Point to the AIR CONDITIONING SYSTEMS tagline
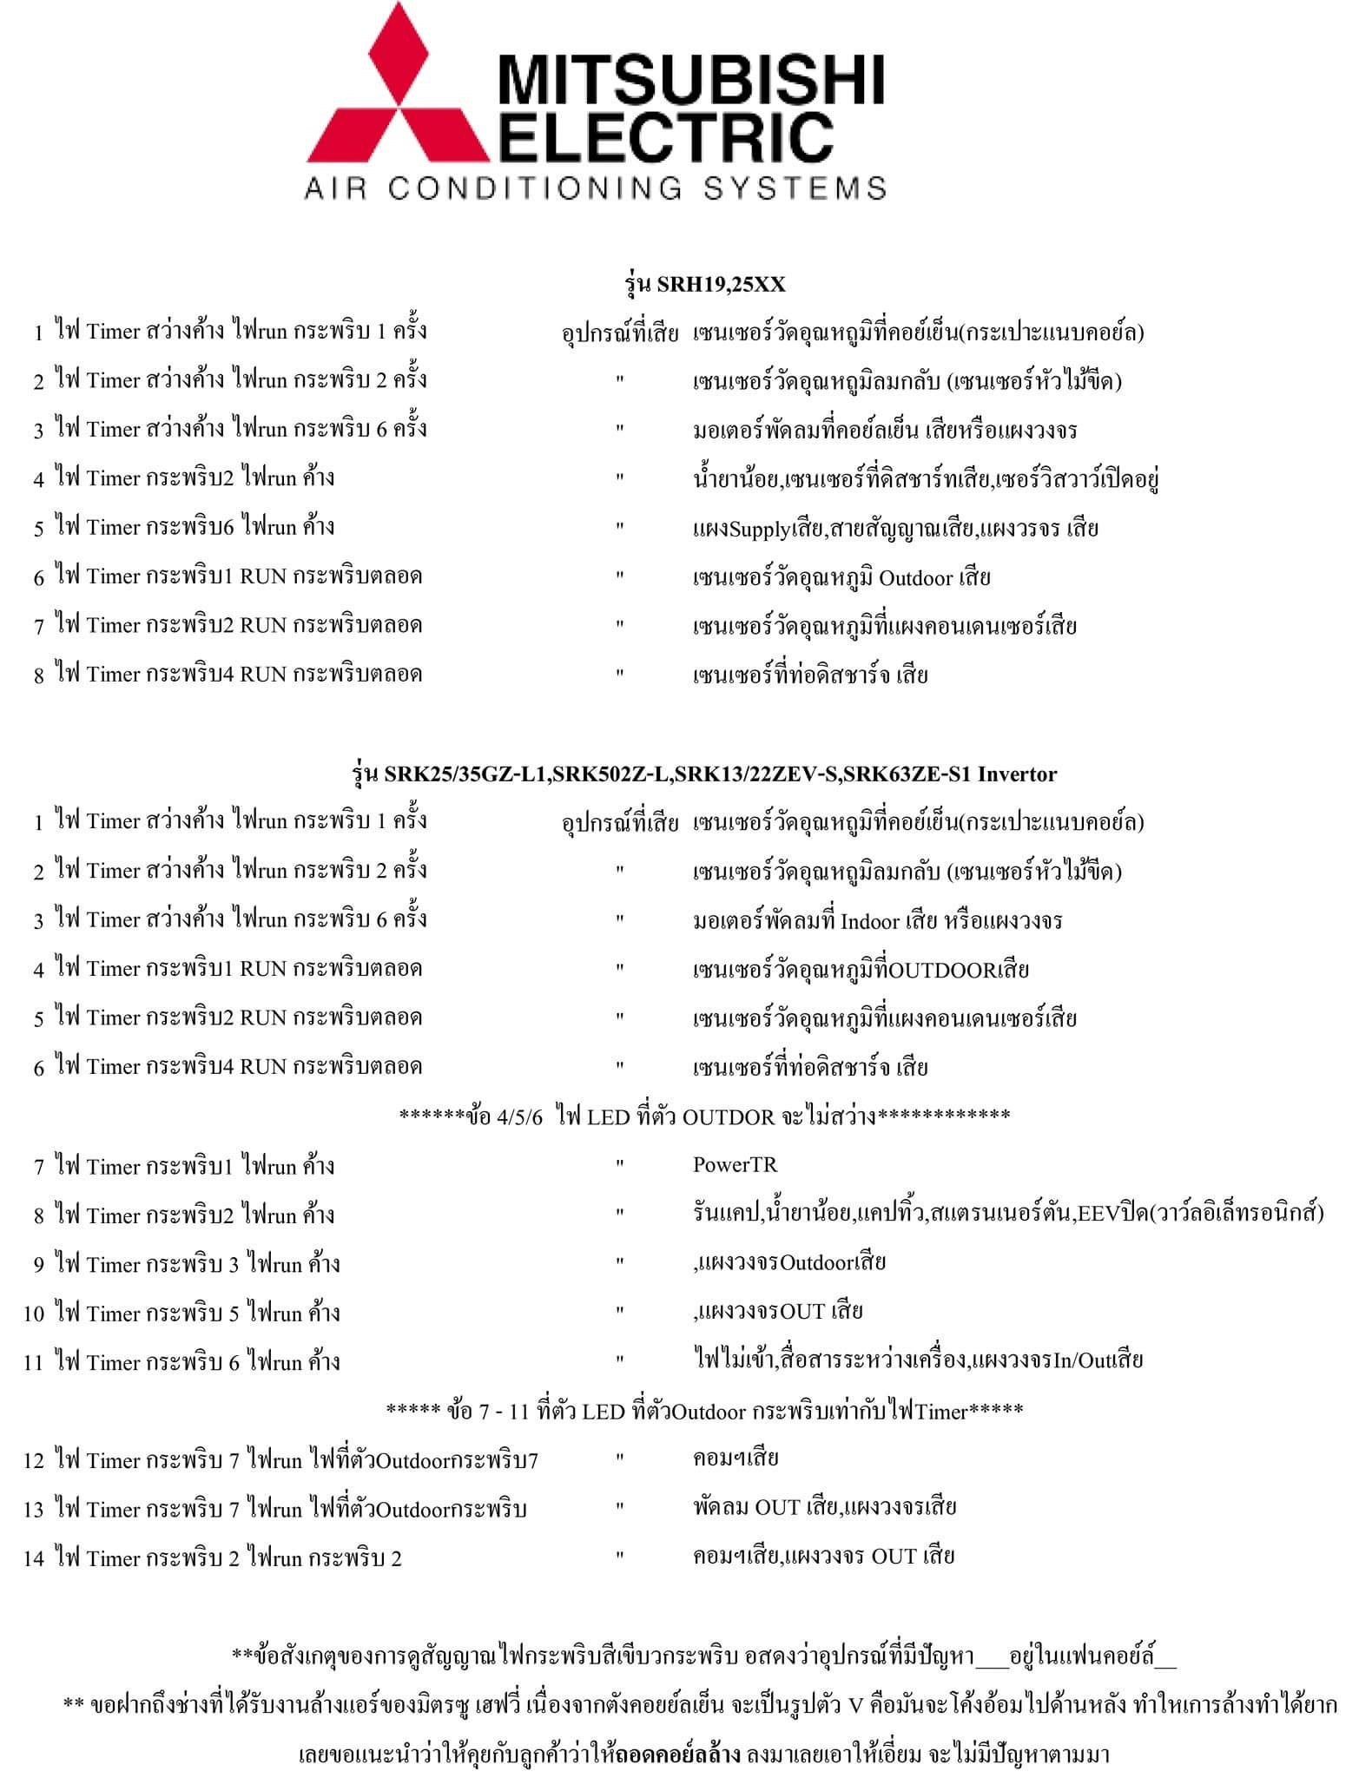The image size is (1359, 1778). [596, 188]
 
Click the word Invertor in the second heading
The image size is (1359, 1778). [1017, 774]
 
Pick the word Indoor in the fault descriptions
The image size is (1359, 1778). [870, 920]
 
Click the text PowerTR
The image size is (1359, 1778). [735, 1165]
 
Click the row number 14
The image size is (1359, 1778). [34, 1558]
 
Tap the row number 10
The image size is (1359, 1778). [34, 1314]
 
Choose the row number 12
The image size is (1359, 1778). [34, 1461]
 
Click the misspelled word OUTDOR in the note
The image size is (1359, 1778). [728, 1116]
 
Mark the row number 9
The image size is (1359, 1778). [38, 1265]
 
